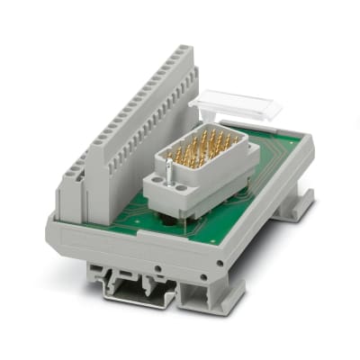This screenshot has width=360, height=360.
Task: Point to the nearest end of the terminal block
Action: (72, 193)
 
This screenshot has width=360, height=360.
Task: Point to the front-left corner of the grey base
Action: (54, 229)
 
